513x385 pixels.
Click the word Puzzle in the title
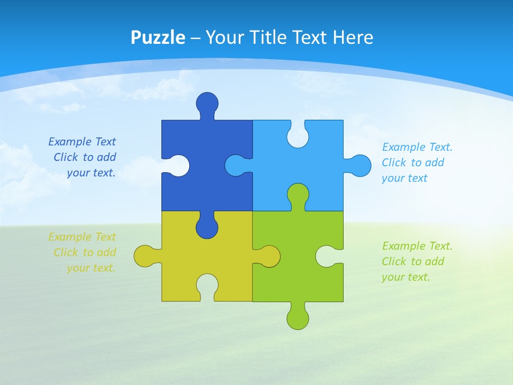[158, 37]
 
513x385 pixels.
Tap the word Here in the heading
[353, 37]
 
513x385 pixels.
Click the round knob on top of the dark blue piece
[207, 103]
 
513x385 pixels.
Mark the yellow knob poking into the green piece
[270, 256]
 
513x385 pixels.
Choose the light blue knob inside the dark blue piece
[235, 165]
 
